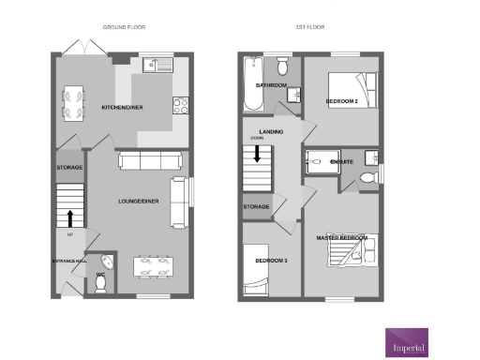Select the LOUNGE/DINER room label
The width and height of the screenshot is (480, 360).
(136, 201)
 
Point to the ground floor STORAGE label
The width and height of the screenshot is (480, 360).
(68, 168)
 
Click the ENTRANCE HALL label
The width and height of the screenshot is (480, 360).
(68, 259)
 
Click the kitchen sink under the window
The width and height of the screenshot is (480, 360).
(154, 65)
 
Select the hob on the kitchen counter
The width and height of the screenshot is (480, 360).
(180, 106)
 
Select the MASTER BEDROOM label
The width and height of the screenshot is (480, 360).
(341, 238)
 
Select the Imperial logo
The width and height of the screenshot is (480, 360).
(407, 340)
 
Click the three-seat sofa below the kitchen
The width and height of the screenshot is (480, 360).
(142, 162)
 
